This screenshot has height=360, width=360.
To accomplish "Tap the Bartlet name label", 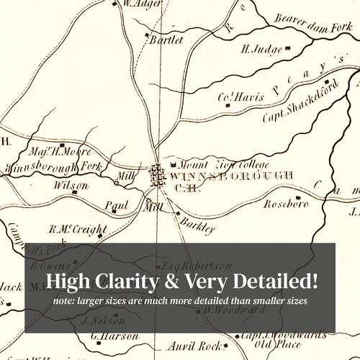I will [x=166, y=40].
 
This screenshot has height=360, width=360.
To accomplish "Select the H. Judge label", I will [x=260, y=50].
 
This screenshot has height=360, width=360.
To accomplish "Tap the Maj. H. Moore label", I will [x=61, y=153].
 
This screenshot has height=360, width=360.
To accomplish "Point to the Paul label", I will [x=116, y=205].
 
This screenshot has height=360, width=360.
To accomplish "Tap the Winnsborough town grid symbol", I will [x=158, y=176].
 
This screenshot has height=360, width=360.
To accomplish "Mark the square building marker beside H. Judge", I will [x=289, y=49].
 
